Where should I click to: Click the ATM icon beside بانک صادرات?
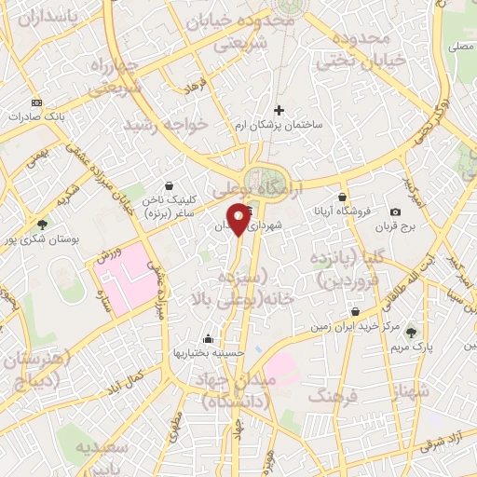[x=36, y=102]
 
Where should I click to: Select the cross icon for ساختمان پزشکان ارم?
[x=279, y=111]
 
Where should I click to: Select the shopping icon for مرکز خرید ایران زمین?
[x=354, y=312]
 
